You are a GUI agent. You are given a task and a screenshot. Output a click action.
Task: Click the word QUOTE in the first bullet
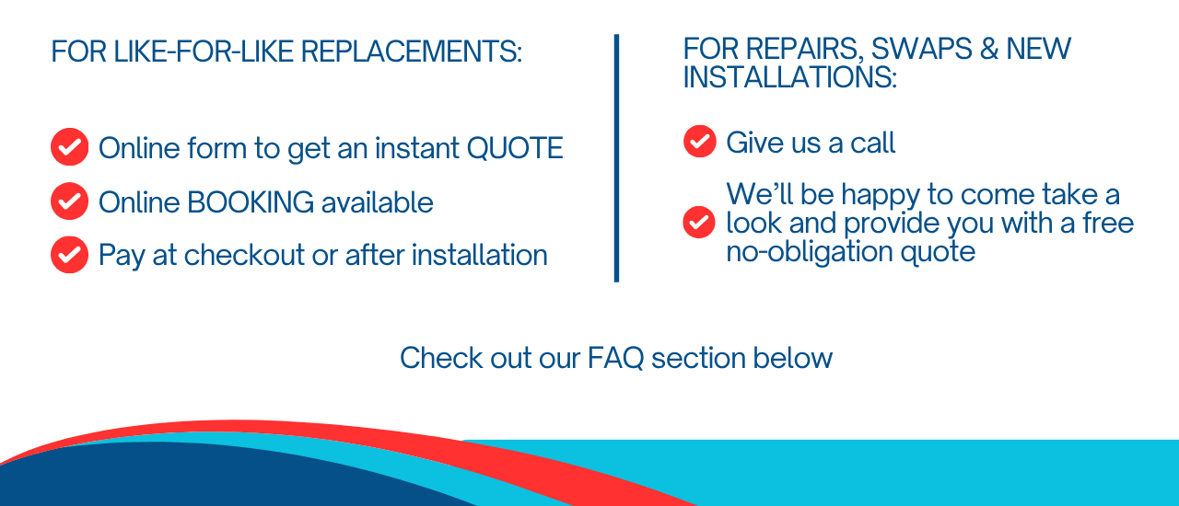pyautogui.click(x=515, y=148)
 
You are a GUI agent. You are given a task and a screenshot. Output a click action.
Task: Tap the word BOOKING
pyautogui.click(x=251, y=202)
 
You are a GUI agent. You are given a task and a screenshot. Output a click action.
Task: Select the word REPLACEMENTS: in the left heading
pyautogui.click(x=411, y=52)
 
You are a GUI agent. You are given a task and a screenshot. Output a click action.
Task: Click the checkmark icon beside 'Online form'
pyautogui.click(x=69, y=147)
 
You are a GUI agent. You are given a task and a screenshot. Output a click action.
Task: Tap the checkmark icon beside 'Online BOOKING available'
pyautogui.click(x=69, y=201)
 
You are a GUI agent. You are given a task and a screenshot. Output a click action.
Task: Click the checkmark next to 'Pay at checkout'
pyautogui.click(x=69, y=255)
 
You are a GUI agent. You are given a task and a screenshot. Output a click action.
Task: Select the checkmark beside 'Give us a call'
pyautogui.click(x=699, y=141)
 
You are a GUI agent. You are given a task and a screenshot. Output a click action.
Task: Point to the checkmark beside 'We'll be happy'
pyautogui.click(x=699, y=222)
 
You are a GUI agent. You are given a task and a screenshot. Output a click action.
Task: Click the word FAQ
pyautogui.click(x=615, y=358)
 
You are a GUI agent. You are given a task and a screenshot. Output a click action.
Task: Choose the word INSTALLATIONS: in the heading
pyautogui.click(x=789, y=77)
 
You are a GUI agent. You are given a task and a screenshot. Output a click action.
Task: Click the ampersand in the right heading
pyautogui.click(x=989, y=49)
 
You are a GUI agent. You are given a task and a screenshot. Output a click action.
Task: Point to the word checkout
pyautogui.click(x=244, y=255)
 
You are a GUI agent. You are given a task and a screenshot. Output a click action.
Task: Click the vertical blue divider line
pyautogui.click(x=616, y=158)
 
